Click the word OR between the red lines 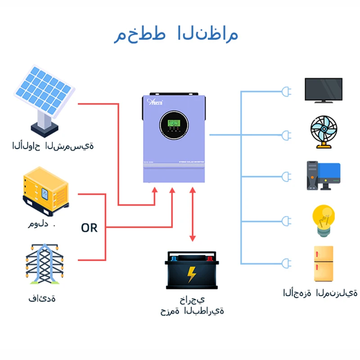coord(89,228)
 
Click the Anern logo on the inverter coord(156,102)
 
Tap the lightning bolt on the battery coord(192,274)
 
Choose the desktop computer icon coord(324,175)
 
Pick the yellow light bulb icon coord(324,220)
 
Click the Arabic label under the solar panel coord(53,146)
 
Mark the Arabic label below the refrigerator coord(320,293)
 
